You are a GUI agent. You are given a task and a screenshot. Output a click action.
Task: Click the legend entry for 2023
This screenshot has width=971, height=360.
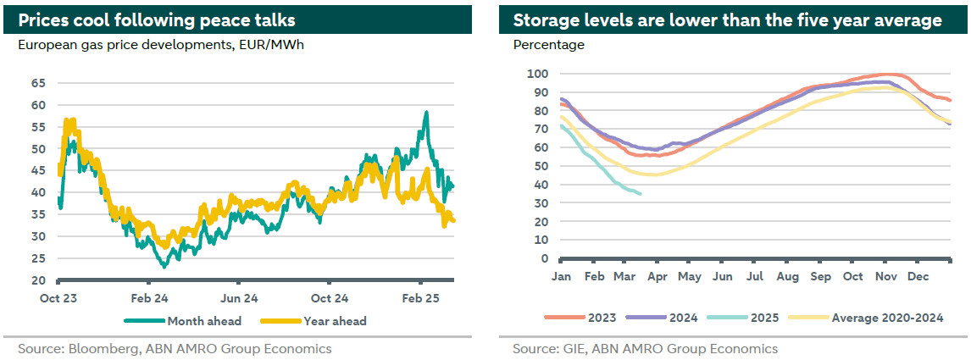point(600,318)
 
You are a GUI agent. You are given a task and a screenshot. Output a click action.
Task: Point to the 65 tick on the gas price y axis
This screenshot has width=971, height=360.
point(38,83)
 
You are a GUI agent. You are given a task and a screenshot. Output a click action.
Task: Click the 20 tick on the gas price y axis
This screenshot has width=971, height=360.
point(38,280)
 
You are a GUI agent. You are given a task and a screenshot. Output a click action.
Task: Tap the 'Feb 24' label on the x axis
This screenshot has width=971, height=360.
point(148,298)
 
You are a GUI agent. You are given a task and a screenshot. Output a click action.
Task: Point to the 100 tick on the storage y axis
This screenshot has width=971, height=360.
point(540,74)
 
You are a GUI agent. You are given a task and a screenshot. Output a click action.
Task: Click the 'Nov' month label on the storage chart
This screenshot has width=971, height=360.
point(885,276)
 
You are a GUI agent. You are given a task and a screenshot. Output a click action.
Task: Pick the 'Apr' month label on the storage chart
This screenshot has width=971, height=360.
point(658,276)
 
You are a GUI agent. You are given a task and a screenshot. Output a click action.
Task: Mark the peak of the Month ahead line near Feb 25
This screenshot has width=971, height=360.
point(426,112)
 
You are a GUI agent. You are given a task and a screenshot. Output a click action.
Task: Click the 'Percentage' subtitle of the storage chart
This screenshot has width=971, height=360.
point(548,45)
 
